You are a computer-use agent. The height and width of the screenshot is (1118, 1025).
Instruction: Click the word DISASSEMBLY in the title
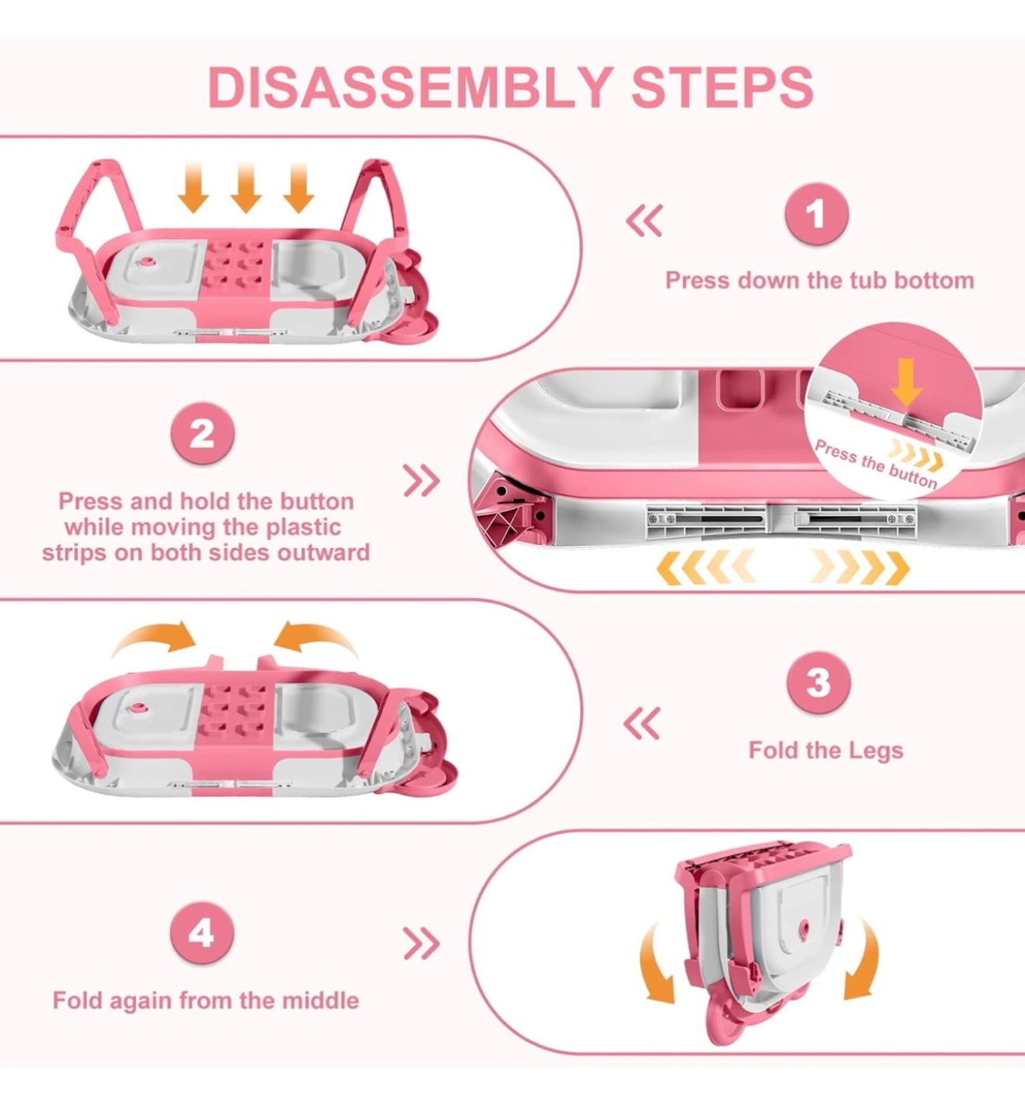(x=410, y=88)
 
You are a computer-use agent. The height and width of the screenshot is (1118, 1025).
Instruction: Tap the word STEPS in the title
(x=722, y=88)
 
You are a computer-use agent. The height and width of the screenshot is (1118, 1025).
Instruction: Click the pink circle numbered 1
(x=816, y=214)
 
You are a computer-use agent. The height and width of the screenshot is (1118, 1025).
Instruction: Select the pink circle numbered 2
(x=203, y=433)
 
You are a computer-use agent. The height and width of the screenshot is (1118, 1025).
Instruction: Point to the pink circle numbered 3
(x=819, y=682)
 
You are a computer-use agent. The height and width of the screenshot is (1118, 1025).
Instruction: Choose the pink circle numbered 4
(x=202, y=932)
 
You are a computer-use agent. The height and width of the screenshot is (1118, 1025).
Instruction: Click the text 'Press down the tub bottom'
(x=819, y=280)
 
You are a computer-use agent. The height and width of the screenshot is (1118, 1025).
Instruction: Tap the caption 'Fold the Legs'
(x=826, y=750)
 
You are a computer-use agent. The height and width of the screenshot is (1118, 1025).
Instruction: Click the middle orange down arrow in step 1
(x=246, y=188)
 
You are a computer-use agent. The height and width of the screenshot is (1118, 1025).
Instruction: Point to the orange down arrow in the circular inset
(x=906, y=382)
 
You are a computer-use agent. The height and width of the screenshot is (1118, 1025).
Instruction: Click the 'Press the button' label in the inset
(x=876, y=464)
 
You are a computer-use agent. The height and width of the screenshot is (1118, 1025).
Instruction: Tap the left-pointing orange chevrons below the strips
(x=706, y=567)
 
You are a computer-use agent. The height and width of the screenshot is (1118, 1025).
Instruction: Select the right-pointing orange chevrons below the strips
(x=860, y=567)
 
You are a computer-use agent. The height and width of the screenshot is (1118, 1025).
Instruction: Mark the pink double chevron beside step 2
(x=421, y=481)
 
